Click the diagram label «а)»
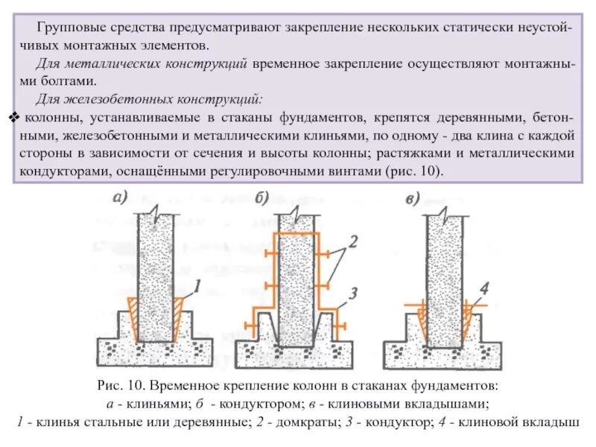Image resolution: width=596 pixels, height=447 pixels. (x=122, y=198)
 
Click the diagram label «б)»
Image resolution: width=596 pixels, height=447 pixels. (x=261, y=198)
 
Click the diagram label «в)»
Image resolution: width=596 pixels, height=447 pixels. (x=408, y=198)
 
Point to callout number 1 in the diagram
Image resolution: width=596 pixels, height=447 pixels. (x=197, y=285)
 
